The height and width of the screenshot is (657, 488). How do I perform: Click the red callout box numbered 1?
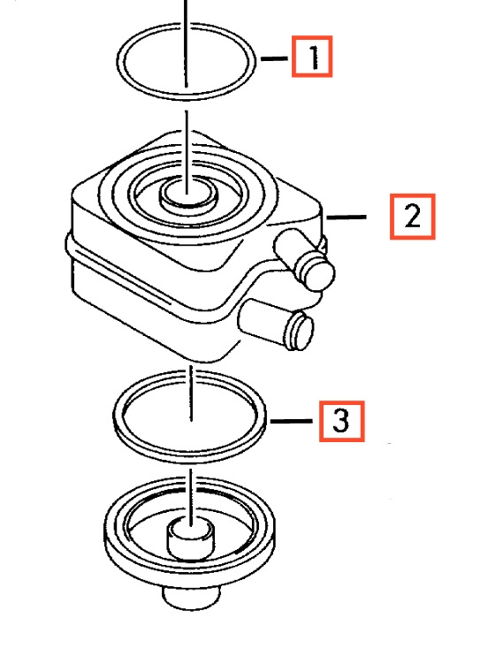point(312,57)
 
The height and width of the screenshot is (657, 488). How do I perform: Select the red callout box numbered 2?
point(413,217)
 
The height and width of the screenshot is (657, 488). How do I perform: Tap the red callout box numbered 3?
point(342,421)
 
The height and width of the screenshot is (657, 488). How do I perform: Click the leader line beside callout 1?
point(274,58)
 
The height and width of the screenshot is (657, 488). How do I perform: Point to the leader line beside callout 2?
point(347,217)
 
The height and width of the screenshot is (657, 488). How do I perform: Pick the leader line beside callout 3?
point(292,421)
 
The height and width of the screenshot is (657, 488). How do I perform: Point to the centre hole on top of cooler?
point(188,195)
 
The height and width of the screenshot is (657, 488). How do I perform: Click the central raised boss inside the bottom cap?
point(191,539)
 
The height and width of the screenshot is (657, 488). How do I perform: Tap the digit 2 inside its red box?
point(413,217)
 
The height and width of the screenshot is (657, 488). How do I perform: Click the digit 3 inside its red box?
point(341,421)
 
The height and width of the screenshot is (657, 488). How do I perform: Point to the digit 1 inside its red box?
point(314,57)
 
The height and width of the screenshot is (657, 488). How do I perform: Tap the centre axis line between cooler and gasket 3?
point(191,393)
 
